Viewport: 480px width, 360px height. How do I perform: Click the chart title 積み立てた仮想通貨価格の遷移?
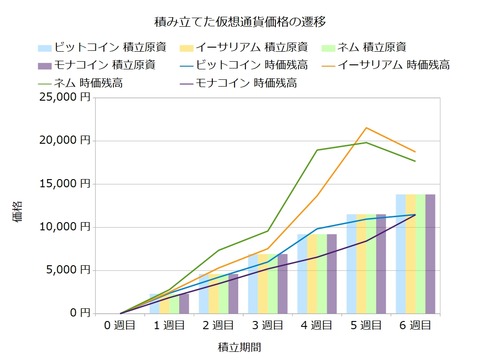coord(240,19)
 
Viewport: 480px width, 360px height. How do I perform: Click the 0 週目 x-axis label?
coord(121,325)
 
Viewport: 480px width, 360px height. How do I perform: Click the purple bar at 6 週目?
coord(430,253)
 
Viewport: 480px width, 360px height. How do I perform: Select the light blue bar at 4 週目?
coord(301,273)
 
